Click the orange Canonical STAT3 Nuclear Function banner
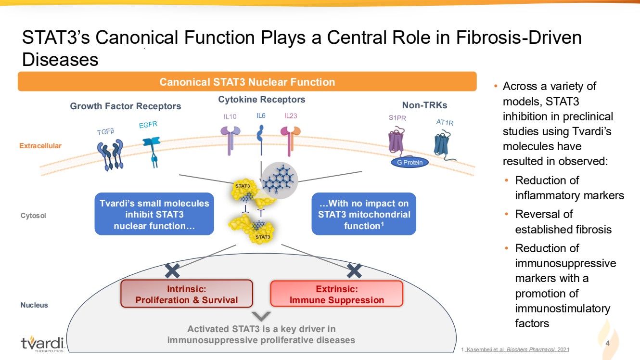[247, 82]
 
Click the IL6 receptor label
[261, 116]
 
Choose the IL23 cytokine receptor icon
[290, 140]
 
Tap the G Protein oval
[410, 162]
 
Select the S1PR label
[397, 117]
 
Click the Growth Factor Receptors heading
[126, 106]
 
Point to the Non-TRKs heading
[424, 105]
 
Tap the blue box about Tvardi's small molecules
[154, 215]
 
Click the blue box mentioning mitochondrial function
[364, 215]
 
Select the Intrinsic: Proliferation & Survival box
[187, 294]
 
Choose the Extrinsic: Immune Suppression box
[336, 294]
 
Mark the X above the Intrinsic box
[172, 271]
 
